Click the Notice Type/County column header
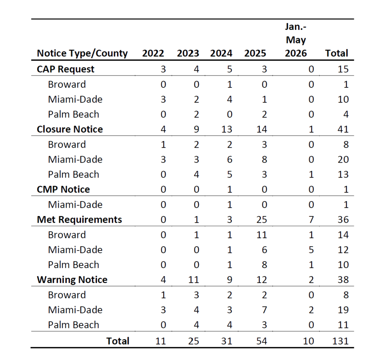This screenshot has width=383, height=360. click(x=82, y=53)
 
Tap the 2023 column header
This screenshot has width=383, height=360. click(x=188, y=53)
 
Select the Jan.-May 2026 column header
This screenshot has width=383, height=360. click(x=296, y=40)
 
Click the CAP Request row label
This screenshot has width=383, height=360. click(x=65, y=69)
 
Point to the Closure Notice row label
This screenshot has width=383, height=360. click(x=70, y=129)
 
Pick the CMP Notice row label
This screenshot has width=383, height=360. click(x=63, y=190)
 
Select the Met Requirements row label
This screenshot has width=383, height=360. click(x=79, y=220)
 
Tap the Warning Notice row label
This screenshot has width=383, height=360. click(x=72, y=280)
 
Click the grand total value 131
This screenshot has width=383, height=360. click(x=340, y=341)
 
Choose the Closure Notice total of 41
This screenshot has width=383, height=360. click(x=343, y=129)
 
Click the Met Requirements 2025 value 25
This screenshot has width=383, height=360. click(x=261, y=220)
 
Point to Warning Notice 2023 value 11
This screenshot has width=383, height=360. click(x=194, y=280)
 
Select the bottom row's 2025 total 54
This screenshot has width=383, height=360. click(x=261, y=341)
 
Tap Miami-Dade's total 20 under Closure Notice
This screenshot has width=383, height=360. click(x=343, y=159)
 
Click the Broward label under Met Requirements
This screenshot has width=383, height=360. click(x=67, y=235)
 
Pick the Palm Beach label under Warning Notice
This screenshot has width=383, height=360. click(x=74, y=325)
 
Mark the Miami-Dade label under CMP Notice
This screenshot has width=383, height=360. click(x=75, y=204)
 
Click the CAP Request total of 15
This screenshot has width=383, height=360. click(x=343, y=69)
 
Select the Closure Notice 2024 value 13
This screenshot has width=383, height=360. click(x=227, y=129)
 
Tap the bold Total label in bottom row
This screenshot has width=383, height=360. click(x=118, y=341)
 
